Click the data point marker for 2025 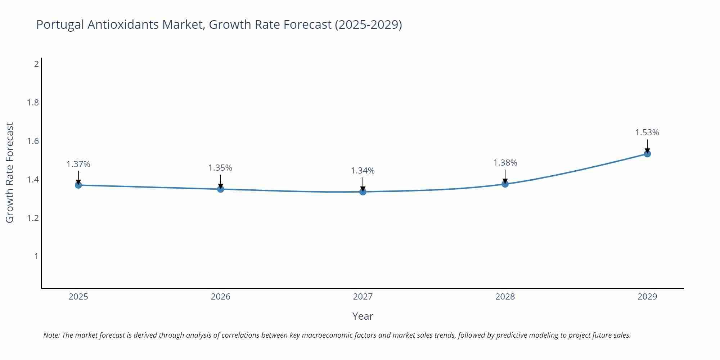78,185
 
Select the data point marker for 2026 221,189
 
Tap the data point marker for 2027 363,192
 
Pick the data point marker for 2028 505,184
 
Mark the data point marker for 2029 647,154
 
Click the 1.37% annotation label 78,164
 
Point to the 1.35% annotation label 220,168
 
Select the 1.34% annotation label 363,171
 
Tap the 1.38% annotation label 505,163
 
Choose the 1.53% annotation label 647,132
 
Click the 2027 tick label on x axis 363,297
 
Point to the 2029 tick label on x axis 647,297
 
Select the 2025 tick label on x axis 78,297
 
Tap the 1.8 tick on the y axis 33,103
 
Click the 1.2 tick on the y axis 33,218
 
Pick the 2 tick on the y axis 36,64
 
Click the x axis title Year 363,316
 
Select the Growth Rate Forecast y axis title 10,172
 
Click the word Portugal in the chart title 60,24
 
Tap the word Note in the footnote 51,335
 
